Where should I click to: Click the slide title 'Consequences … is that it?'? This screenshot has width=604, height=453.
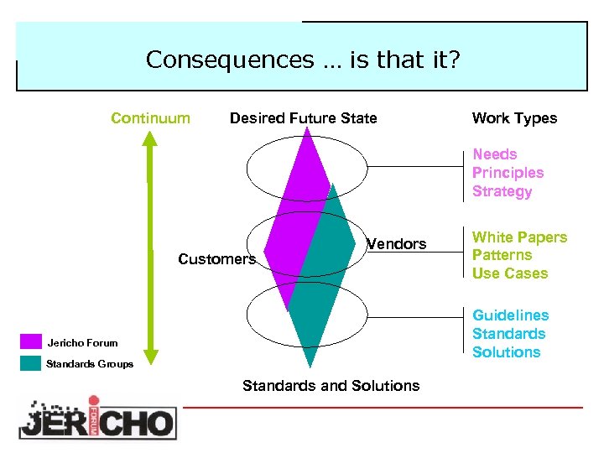(302, 60)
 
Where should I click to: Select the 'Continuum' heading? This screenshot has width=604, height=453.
(150, 118)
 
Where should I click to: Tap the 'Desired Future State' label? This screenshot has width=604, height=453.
(303, 118)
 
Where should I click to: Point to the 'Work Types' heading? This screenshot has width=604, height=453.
(514, 118)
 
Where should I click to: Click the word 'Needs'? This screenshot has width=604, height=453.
(494, 154)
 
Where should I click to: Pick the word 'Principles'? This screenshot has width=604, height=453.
(508, 173)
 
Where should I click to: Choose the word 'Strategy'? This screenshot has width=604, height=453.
(502, 191)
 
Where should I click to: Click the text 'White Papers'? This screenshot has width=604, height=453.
(519, 237)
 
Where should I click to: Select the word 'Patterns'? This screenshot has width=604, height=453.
(502, 255)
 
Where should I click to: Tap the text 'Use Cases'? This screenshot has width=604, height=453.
(509, 273)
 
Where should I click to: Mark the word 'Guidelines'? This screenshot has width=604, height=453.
(510, 315)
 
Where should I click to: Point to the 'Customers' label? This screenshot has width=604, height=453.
(216, 259)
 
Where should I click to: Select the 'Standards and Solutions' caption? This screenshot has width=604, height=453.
(331, 386)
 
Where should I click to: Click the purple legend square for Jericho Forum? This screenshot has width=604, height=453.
(31, 341)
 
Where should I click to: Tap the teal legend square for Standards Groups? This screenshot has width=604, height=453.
(31, 363)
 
